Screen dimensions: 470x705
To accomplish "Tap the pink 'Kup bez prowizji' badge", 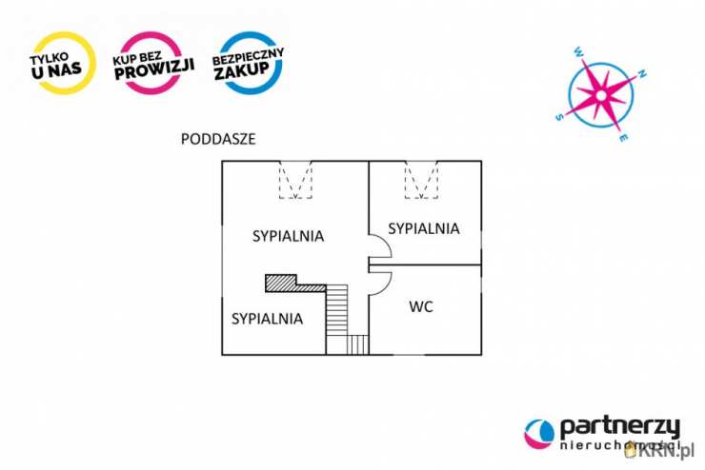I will coord(153,63).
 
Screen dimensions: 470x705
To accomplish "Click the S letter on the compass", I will coord(559,118).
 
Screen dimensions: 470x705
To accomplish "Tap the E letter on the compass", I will coord(623,139).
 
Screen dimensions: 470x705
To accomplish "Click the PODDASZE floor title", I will coord(218,139).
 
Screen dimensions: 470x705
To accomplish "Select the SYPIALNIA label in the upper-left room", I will coord(289,236).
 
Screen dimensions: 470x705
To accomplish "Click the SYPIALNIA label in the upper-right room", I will coord(424,228).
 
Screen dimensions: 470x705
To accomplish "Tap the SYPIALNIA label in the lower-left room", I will coord(267,319).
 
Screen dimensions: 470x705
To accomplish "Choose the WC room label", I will coord(422,307).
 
